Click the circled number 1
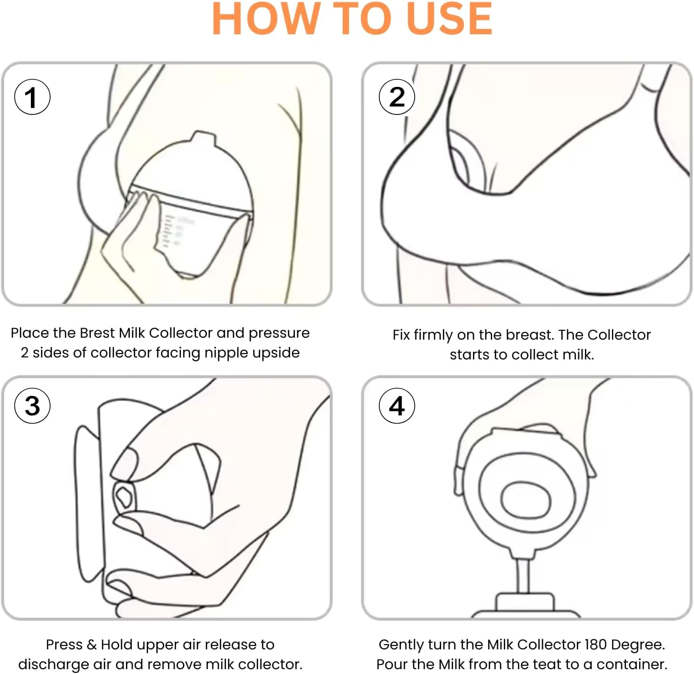32,97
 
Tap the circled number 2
397,97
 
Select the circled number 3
32,406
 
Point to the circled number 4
397,406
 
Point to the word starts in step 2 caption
470,355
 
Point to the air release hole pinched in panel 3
124,496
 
